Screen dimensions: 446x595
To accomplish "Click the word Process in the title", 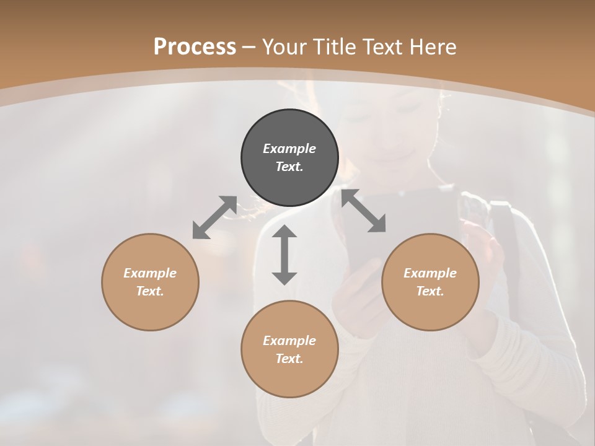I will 195,47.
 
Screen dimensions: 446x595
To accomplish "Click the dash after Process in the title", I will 249,48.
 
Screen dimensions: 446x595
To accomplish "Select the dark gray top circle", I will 289,158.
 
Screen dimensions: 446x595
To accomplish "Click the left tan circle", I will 150,282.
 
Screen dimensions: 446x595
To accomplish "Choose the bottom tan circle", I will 289,349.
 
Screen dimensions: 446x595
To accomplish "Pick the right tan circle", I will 430,282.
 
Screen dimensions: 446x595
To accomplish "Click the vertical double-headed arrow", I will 284,255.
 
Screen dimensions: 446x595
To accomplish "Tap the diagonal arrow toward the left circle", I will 214,217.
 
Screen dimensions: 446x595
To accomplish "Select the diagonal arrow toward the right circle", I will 364,211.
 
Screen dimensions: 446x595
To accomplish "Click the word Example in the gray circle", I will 289,149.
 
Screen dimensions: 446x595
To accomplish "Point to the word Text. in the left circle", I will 150,291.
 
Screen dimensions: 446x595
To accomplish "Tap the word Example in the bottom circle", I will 289,341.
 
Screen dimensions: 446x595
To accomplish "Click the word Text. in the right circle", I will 430,291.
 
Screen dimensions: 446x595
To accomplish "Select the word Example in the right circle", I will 430,273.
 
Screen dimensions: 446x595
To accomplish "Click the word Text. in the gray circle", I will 289,167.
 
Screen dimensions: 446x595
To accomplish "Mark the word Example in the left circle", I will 150,273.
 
